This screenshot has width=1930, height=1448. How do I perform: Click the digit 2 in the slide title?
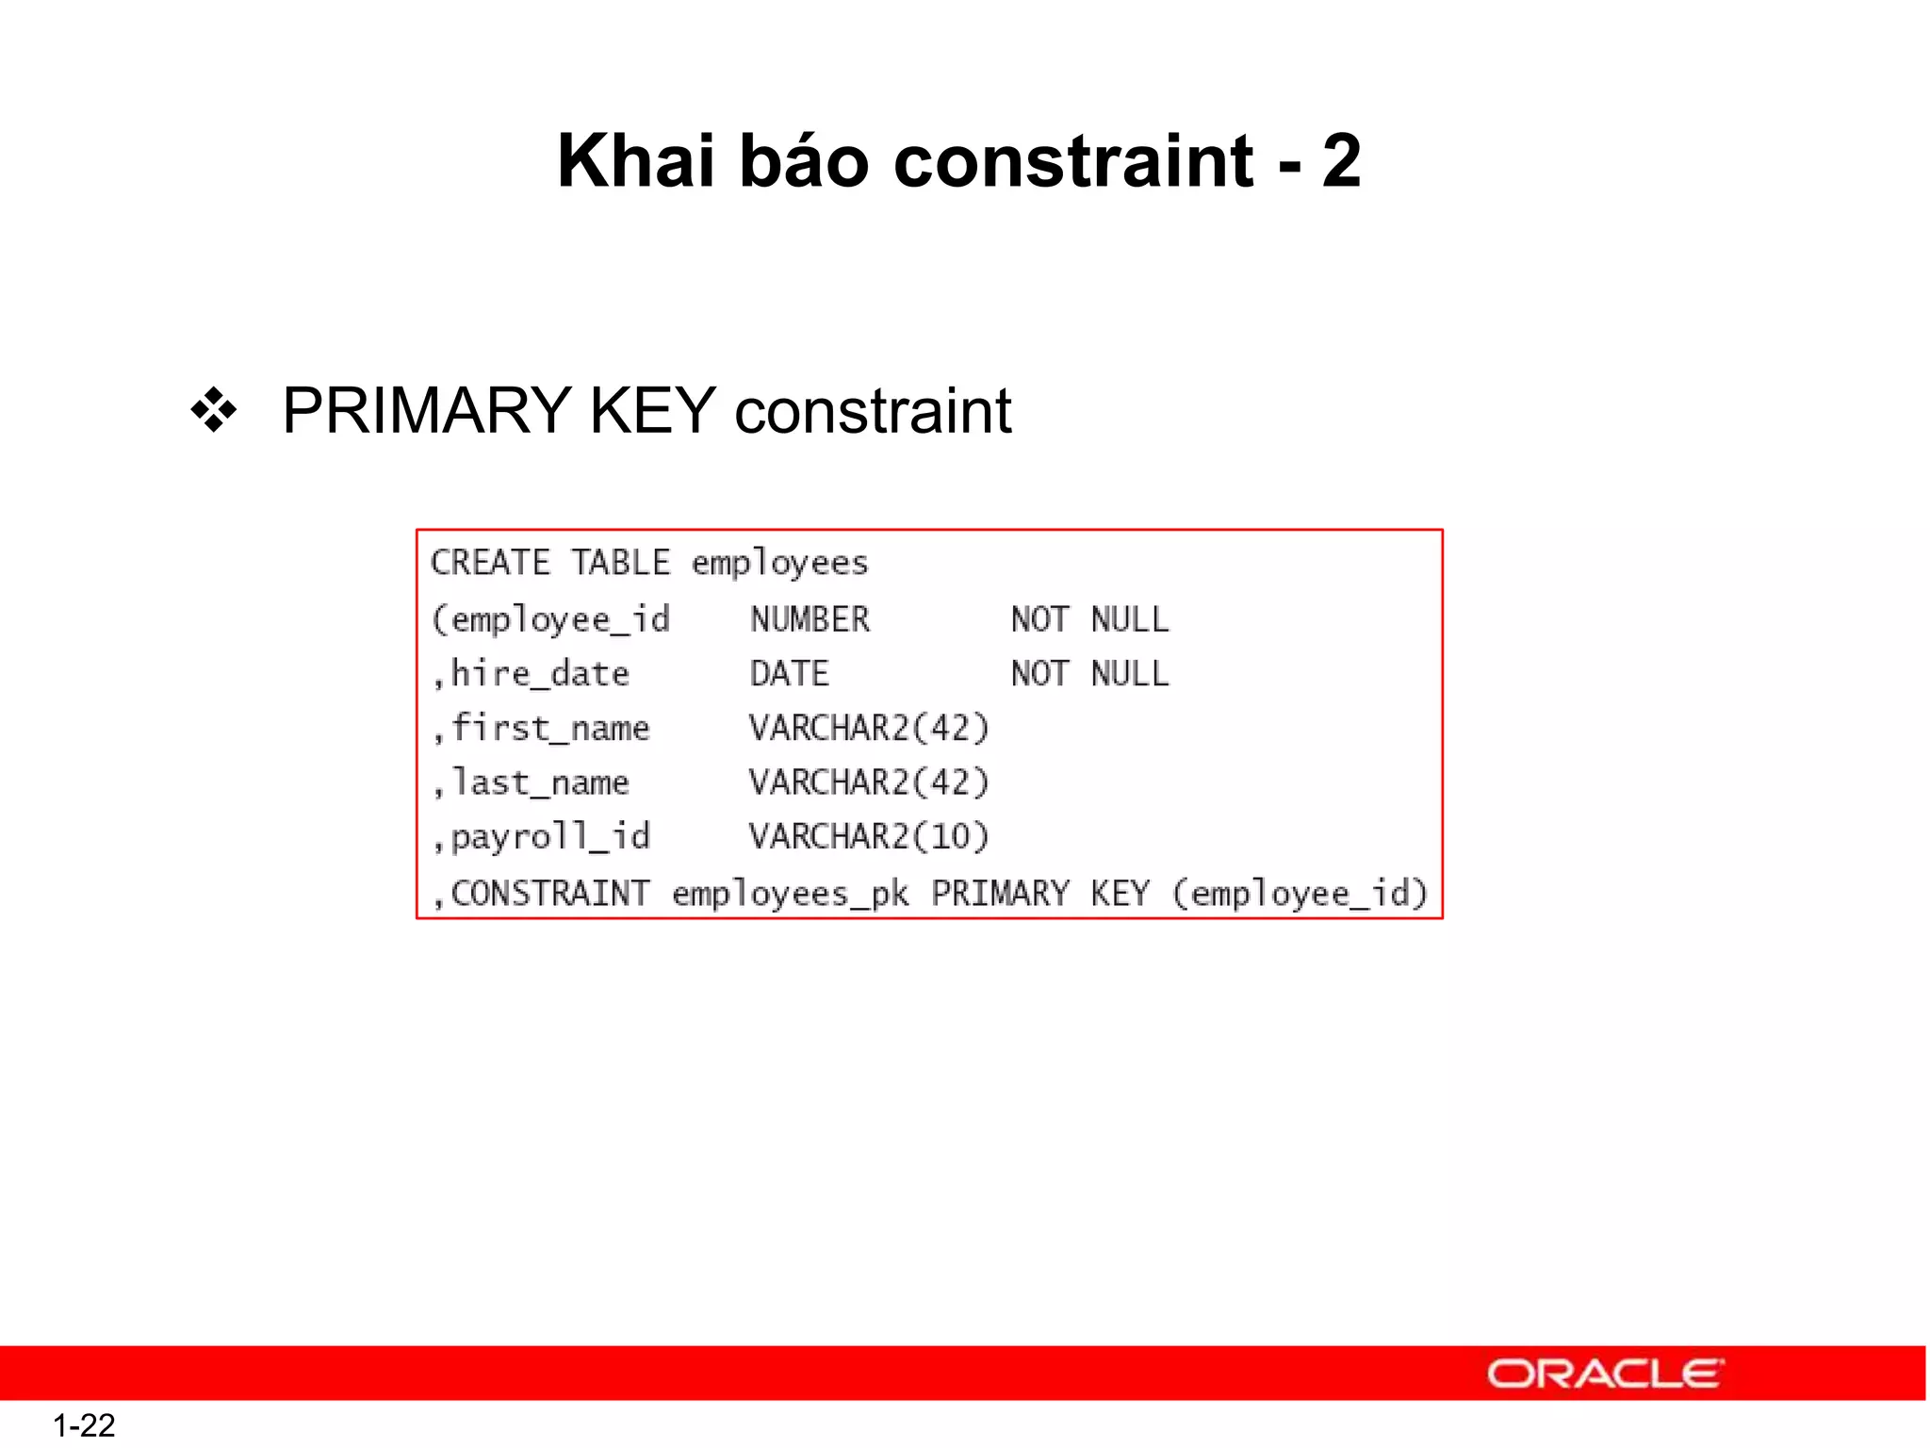(1340, 160)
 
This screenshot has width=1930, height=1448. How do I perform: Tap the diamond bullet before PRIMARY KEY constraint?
(214, 410)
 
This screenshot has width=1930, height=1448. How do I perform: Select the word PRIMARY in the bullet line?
(427, 411)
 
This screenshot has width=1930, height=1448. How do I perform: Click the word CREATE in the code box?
(490, 563)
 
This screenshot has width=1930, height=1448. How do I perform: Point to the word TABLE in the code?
(621, 563)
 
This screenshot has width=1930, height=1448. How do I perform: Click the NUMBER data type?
(810, 619)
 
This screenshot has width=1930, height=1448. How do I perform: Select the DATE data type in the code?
(789, 674)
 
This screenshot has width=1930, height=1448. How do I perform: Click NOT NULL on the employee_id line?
(1089, 619)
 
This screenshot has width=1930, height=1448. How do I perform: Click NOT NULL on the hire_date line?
(1089, 674)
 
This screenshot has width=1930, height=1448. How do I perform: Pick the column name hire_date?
(540, 674)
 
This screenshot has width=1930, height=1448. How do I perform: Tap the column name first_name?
(550, 729)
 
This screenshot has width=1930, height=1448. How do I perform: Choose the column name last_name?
(540, 782)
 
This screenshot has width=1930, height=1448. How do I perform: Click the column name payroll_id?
(550, 837)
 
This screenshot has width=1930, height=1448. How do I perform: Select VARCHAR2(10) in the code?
(869, 837)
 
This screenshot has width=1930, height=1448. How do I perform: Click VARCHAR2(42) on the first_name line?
(869, 729)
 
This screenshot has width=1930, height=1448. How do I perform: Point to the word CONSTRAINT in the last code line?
(550, 893)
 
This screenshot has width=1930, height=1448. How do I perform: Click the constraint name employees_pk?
(790, 894)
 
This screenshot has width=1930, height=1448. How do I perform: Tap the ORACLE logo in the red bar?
(1605, 1374)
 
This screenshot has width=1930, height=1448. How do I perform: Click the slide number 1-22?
(84, 1424)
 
